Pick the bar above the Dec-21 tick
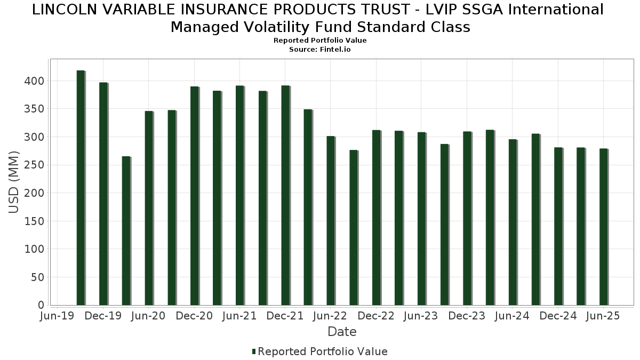pyautogui.click(x=285, y=195)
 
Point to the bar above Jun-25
pyautogui.click(x=603, y=227)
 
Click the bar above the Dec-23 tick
pyautogui.click(x=467, y=218)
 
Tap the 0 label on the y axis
pyautogui.click(x=41, y=305)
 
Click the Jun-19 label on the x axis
pyautogui.click(x=58, y=316)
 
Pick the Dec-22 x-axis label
pyautogui.click(x=376, y=316)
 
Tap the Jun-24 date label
pyautogui.click(x=512, y=316)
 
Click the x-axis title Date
pyautogui.click(x=342, y=332)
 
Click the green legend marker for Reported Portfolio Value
pyautogui.click(x=254, y=351)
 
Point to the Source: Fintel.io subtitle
pyautogui.click(x=320, y=49)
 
